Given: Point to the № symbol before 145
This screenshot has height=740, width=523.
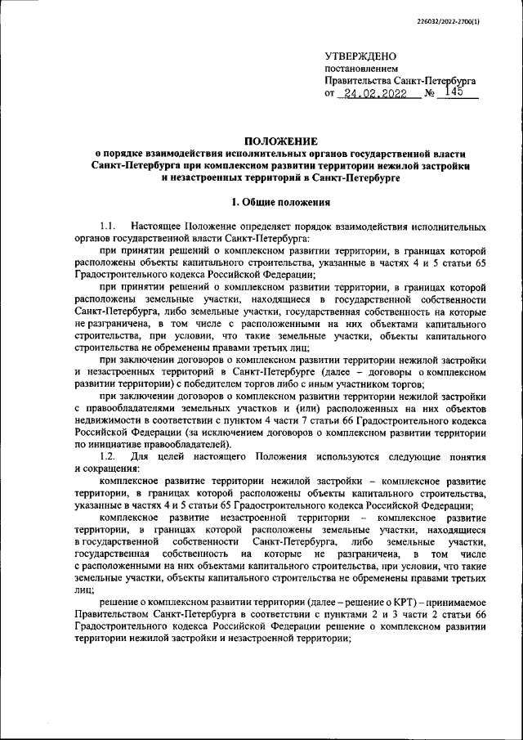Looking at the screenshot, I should tap(431, 94).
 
